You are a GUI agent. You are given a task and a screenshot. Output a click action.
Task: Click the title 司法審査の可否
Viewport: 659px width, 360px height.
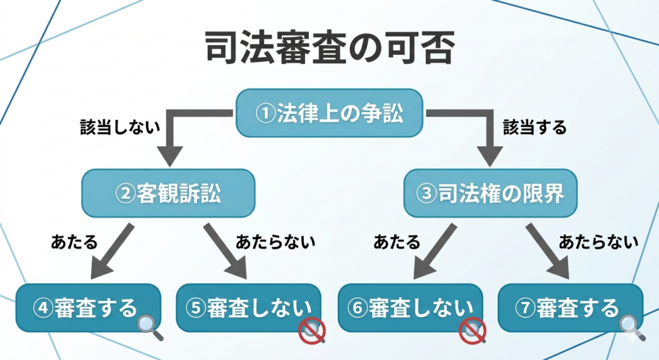click(x=329, y=48)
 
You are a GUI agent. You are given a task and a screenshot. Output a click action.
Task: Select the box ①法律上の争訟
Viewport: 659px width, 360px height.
click(x=329, y=113)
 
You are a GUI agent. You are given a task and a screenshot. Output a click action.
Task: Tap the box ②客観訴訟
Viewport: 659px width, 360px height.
click(x=169, y=193)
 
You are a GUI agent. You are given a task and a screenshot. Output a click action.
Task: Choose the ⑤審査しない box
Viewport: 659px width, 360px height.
click(x=248, y=307)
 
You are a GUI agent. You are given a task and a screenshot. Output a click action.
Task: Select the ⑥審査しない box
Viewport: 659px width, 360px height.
click(x=410, y=307)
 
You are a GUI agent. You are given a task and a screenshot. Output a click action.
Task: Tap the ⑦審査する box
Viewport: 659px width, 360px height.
click(x=570, y=307)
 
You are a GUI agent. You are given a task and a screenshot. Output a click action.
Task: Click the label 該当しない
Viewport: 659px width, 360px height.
click(x=120, y=127)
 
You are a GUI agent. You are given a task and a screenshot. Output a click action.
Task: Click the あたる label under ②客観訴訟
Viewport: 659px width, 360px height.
click(x=74, y=242)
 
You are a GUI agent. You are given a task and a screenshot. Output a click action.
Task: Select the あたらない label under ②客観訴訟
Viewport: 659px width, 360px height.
click(x=275, y=242)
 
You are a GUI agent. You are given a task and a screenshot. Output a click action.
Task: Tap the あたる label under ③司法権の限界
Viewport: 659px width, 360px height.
click(x=397, y=242)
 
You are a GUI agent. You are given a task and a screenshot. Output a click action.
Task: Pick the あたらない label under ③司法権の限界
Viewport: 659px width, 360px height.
click(x=599, y=242)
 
